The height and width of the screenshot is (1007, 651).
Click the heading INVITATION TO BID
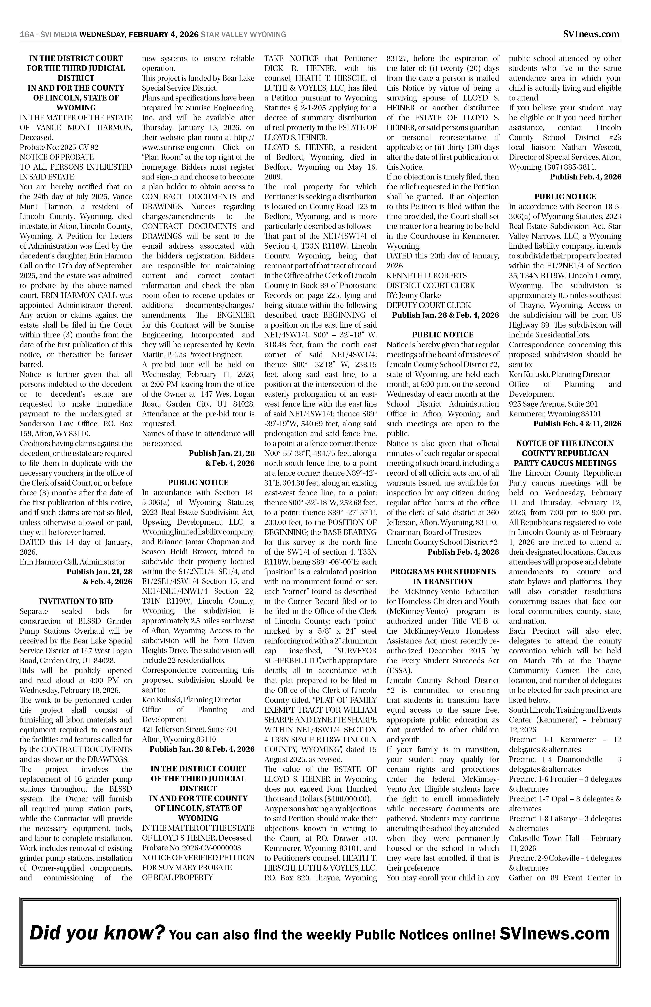76,601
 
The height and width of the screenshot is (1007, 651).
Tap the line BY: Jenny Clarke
413,295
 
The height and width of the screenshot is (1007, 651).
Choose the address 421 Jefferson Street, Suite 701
189,729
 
